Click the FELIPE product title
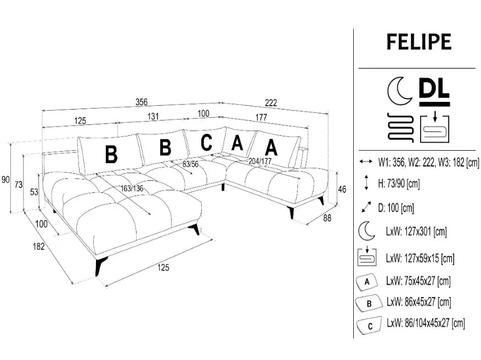(x=418, y=42)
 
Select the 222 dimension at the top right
(x=270, y=102)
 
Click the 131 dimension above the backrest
(x=153, y=116)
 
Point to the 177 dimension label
(x=261, y=117)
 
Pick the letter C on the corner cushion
(x=206, y=142)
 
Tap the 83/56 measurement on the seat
(x=190, y=164)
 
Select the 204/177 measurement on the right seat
(x=260, y=161)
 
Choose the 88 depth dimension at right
(x=328, y=217)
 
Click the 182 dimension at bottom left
(x=38, y=247)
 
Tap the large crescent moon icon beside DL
(x=399, y=90)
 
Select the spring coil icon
(x=399, y=128)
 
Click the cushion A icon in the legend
(x=367, y=282)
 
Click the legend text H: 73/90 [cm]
(x=399, y=184)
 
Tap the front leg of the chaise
(x=99, y=266)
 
